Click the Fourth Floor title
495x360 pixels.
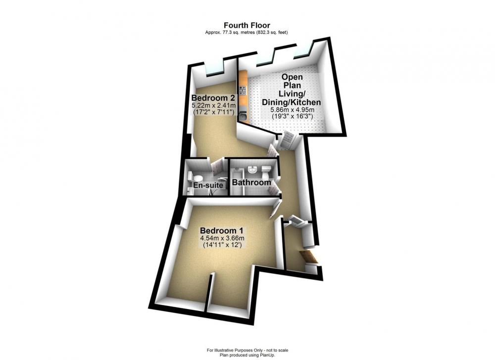pyautogui.click(x=247, y=25)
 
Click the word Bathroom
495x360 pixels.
pyautogui.click(x=251, y=183)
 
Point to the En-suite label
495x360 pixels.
pyautogui.click(x=208, y=185)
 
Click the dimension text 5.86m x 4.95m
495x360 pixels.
pyautogui.click(x=292, y=110)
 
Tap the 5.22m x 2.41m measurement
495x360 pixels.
pyautogui.click(x=214, y=105)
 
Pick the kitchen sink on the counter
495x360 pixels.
pyautogui.click(x=244, y=116)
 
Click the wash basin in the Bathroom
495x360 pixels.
pyautogui.click(x=252, y=169)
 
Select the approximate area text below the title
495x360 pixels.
pyautogui.click(x=247, y=32)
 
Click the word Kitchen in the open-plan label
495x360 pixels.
pyautogui.click(x=306, y=102)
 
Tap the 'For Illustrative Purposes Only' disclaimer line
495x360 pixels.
pyautogui.click(x=247, y=350)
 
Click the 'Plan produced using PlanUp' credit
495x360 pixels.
pyautogui.click(x=247, y=355)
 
